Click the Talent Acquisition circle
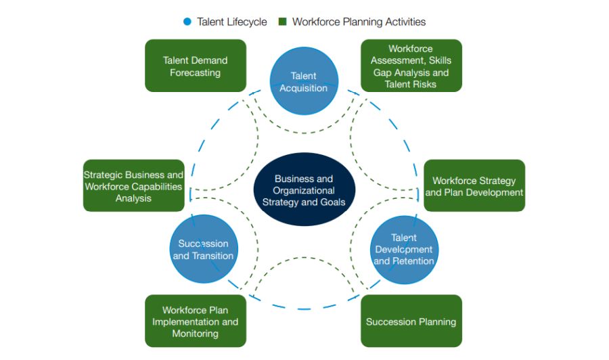click(303, 81)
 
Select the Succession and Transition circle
click(203, 249)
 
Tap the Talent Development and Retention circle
click(404, 249)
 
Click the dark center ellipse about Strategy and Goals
click(303, 190)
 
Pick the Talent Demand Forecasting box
click(195, 66)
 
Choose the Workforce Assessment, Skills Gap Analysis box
click(411, 66)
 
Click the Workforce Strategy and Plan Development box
click(474, 186)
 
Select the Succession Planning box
click(411, 321)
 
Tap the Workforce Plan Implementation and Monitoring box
click(195, 321)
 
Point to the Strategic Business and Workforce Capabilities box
click(133, 186)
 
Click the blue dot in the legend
click(187, 22)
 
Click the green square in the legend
click(283, 22)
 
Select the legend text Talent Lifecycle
click(232, 22)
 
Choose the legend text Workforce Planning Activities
click(359, 22)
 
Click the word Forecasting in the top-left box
click(195, 72)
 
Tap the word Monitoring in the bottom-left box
click(195, 334)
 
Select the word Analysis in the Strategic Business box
click(133, 198)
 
